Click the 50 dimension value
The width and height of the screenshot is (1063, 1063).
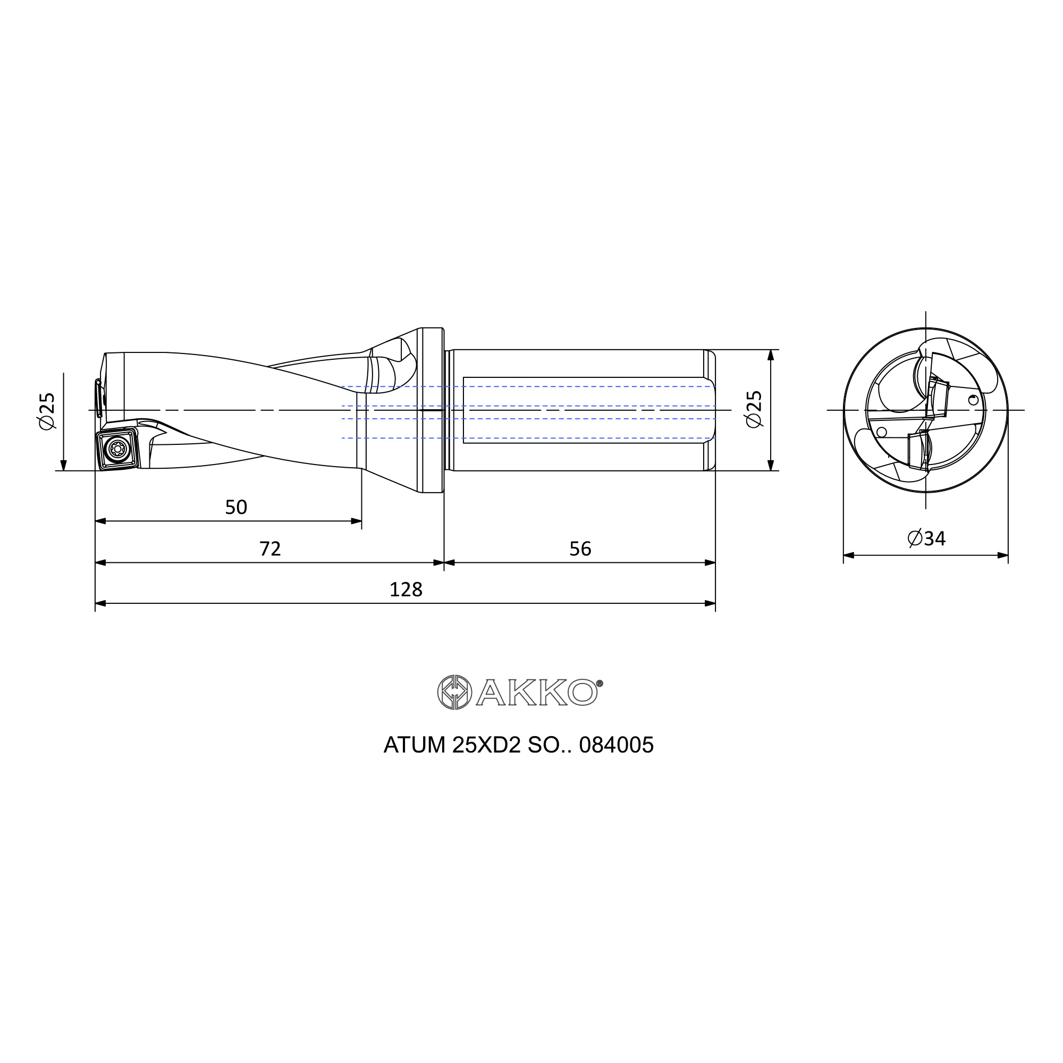[x=236, y=507]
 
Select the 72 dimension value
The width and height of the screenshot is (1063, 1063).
[x=270, y=549]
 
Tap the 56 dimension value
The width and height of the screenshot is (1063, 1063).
[x=580, y=549]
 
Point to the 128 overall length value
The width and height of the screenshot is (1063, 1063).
[x=406, y=590]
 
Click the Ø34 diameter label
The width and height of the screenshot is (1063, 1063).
[x=926, y=538]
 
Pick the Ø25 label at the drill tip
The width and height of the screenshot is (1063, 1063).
[x=47, y=411]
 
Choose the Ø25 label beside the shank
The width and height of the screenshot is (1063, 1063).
[x=754, y=409]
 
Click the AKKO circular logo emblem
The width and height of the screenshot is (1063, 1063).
[x=454, y=692]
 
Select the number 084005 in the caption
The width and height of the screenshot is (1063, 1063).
[x=616, y=745]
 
